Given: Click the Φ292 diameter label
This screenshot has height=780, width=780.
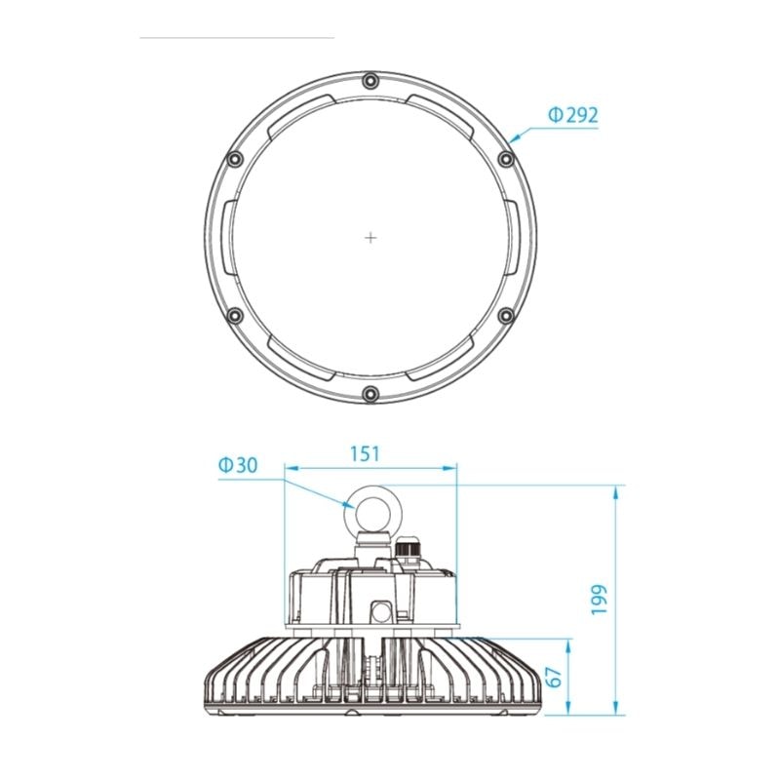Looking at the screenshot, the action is (x=573, y=115).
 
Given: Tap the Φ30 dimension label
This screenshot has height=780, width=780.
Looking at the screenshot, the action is (x=238, y=465).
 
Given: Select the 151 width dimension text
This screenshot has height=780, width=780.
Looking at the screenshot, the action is (x=365, y=454).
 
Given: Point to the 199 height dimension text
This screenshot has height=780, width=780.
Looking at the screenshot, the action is (x=600, y=600).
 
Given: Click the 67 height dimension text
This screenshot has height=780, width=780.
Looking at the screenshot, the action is (x=553, y=677).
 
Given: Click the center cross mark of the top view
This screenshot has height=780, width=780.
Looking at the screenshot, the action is (x=370, y=238).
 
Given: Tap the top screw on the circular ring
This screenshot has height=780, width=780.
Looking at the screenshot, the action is (x=370, y=81).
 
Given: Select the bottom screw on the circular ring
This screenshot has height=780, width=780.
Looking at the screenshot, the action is (x=370, y=394).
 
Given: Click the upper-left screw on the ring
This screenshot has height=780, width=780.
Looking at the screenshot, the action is (x=235, y=159).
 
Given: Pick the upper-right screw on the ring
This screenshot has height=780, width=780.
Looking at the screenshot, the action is (x=506, y=159).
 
